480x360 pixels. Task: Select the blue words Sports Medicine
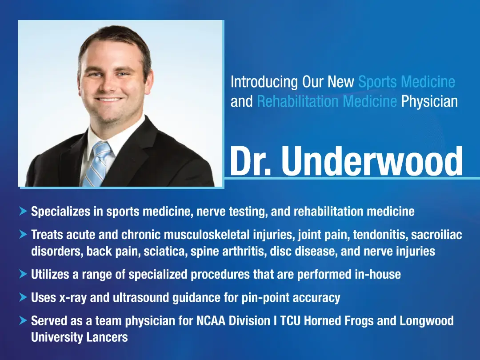406,82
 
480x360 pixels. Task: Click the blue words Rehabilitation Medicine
327,102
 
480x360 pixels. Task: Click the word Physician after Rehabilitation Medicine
429,102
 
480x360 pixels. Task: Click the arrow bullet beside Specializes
23,211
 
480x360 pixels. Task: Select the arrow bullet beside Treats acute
23,234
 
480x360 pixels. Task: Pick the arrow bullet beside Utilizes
23,274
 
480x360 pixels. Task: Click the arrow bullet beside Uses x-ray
23,297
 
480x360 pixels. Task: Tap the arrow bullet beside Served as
23,320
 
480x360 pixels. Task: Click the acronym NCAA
211,320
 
